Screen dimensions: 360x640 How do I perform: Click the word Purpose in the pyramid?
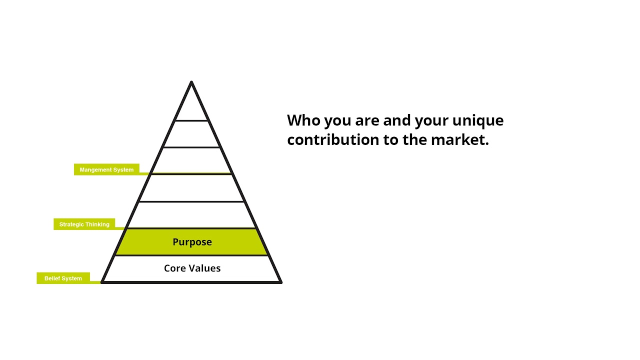coord(192,242)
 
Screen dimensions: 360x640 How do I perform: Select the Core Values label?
coord(192,268)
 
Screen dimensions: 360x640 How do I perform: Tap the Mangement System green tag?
coord(106,169)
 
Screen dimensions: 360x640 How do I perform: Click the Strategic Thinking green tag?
coord(84,224)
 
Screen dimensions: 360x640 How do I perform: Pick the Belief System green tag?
coord(63,278)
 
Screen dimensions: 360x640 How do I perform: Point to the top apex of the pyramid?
coord(191,82)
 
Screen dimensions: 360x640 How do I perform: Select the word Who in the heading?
coord(303,120)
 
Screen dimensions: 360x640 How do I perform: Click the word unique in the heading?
coord(477,120)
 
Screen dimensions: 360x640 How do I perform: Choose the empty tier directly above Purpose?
coord(191,215)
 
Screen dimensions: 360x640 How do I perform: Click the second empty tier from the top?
coord(191,134)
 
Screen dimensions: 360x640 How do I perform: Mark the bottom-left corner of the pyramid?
coord(102,282)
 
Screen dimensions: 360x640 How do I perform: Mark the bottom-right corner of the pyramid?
coord(281,282)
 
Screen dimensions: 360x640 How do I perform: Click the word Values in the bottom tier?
coord(205,268)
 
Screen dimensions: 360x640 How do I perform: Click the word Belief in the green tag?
coord(52,278)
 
